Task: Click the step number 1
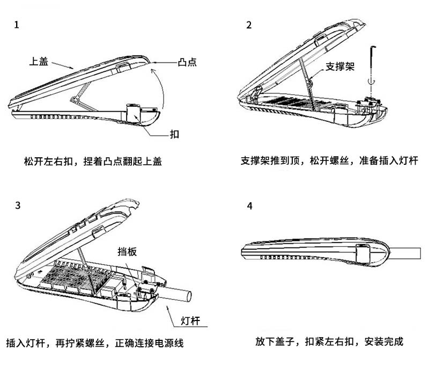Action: tap(18, 25)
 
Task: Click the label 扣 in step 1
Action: tap(174, 134)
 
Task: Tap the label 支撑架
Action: tap(340, 68)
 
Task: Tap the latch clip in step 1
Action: tap(133, 112)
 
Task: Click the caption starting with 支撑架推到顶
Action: tap(329, 161)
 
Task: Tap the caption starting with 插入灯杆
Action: tap(95, 342)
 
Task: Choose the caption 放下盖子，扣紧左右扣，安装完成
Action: tap(329, 341)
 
